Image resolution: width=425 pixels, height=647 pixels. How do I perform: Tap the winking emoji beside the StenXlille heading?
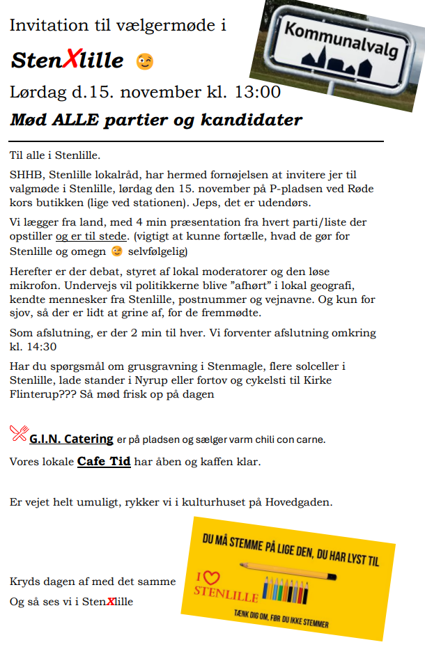click(x=144, y=61)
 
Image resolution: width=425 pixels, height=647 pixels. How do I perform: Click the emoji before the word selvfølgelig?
click(x=117, y=251)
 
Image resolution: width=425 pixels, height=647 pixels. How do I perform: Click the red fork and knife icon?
click(x=18, y=433)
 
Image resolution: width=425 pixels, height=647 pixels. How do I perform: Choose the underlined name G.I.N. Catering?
click(x=71, y=439)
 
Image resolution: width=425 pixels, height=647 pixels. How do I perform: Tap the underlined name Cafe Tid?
click(x=104, y=461)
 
